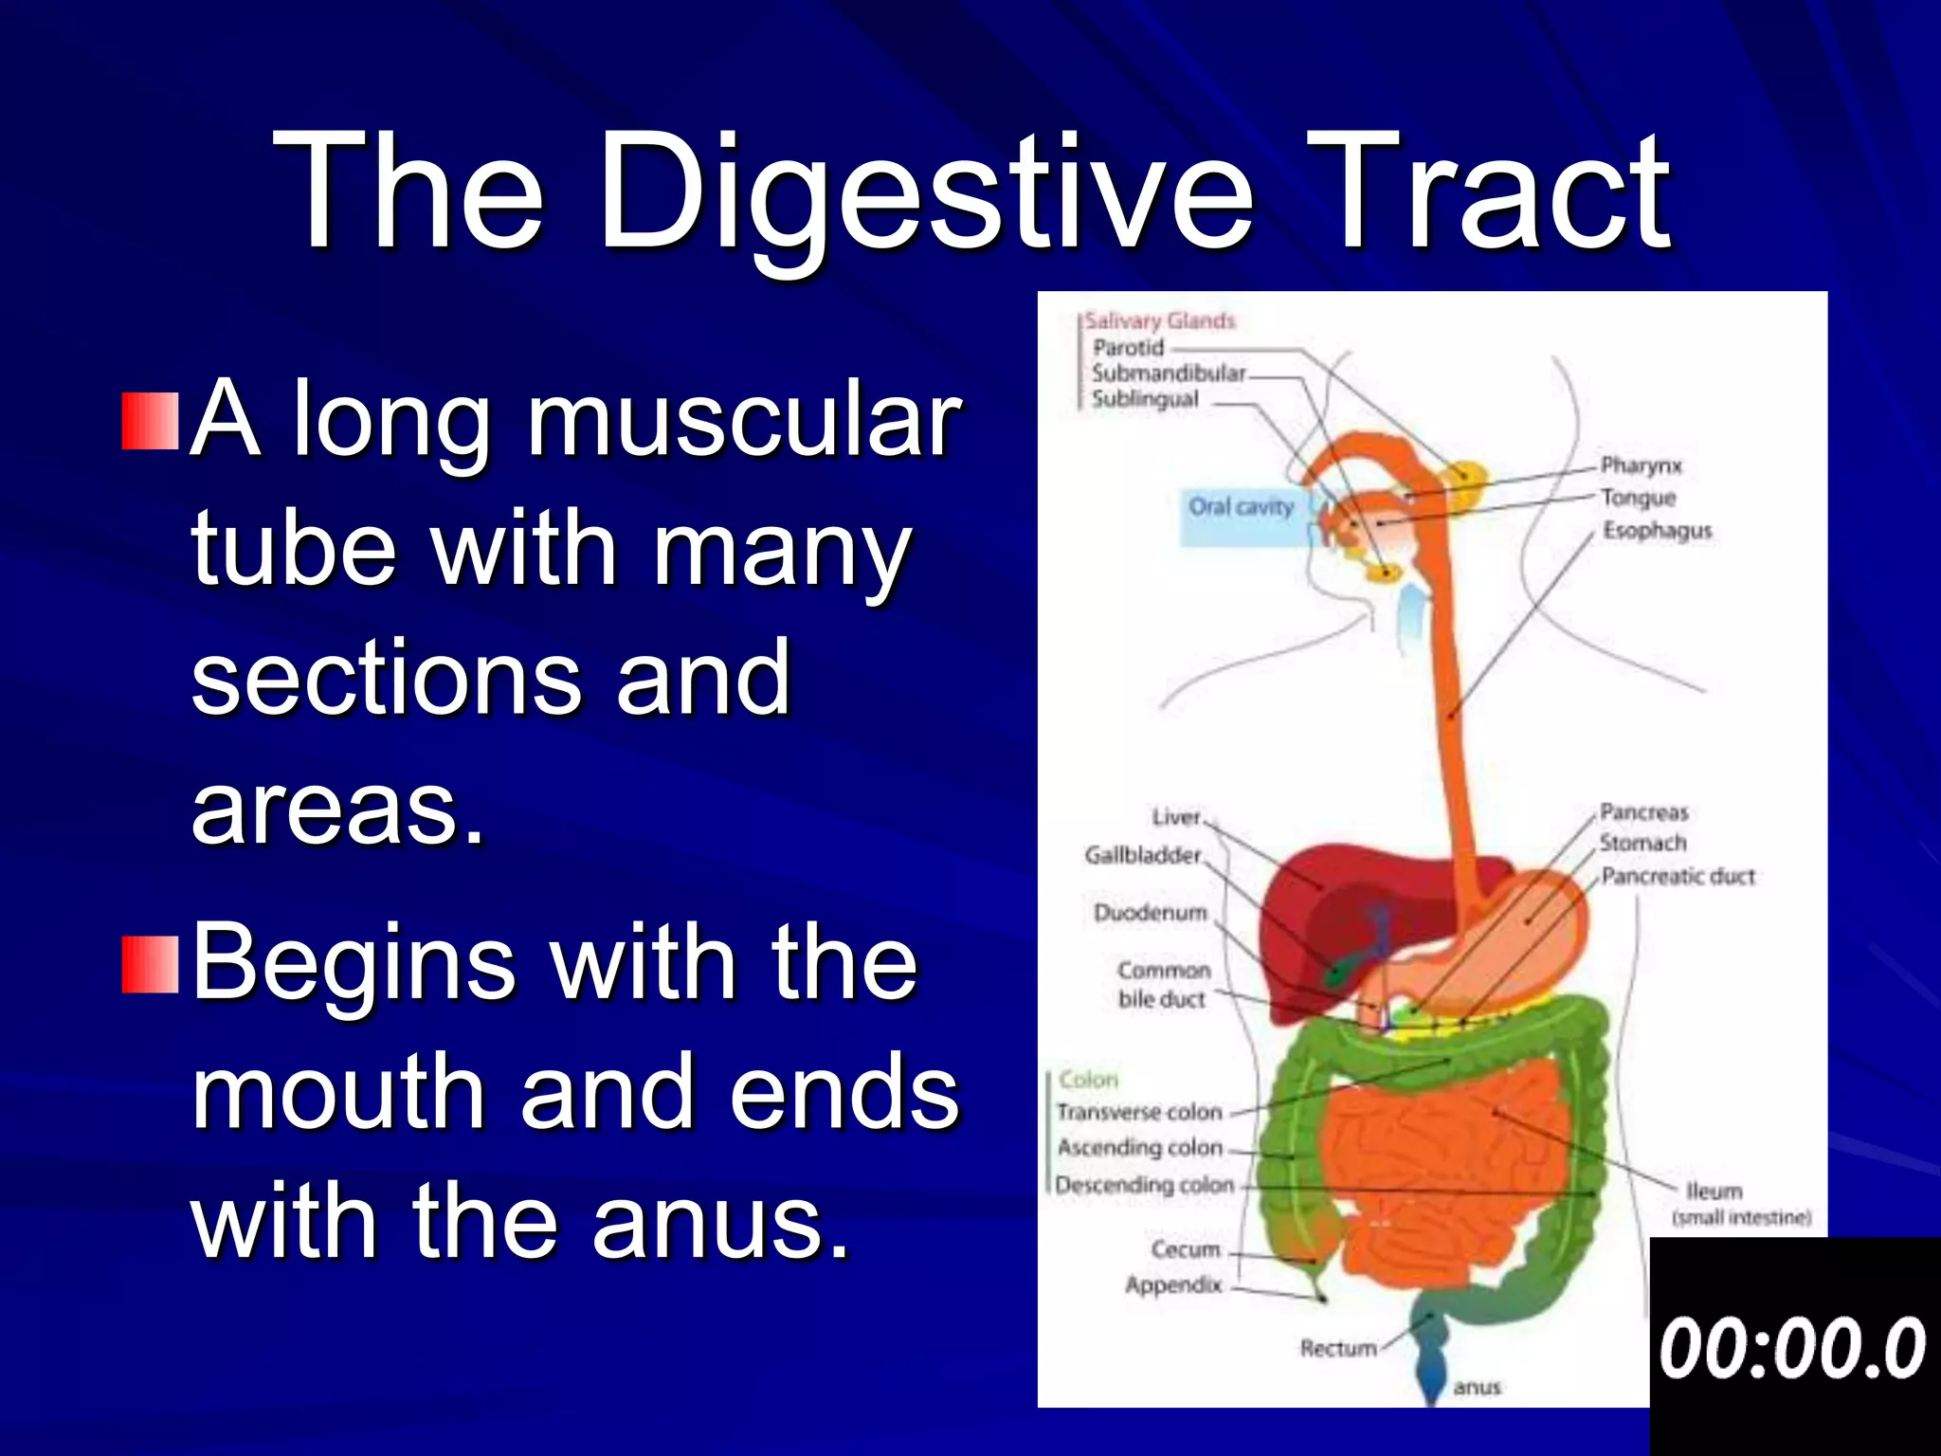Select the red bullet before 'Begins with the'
point(150,965)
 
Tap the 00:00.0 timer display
point(1793,1348)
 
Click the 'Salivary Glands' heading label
point(1160,321)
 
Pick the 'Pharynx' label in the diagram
point(1641,465)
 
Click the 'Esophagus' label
point(1657,531)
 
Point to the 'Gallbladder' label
point(1143,855)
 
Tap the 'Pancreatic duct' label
point(1678,876)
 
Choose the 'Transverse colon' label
point(1139,1112)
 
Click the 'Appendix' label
point(1173,1285)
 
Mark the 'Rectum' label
point(1337,1348)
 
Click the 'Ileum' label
point(1714,1191)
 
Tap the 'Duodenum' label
point(1150,913)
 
